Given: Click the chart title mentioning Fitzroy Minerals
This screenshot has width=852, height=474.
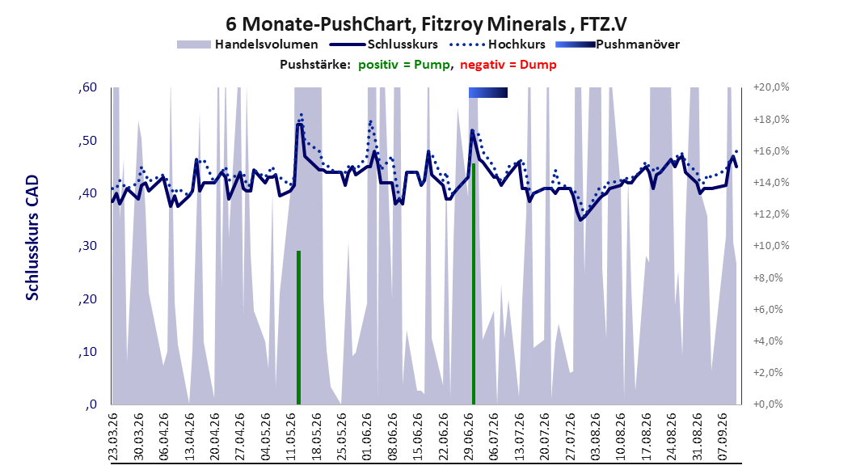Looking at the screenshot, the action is [x=426, y=24].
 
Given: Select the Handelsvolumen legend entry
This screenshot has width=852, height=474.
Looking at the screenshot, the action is [x=247, y=44].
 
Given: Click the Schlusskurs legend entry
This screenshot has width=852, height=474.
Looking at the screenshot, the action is [x=384, y=44].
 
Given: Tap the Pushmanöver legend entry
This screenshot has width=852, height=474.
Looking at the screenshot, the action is [x=618, y=44].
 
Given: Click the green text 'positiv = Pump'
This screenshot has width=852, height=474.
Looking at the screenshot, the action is [x=403, y=65].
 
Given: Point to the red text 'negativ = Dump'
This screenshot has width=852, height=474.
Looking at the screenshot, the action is [x=508, y=65].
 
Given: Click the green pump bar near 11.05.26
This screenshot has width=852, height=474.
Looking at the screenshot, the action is [x=298, y=328].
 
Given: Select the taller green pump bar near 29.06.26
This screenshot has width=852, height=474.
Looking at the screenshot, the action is [x=474, y=284].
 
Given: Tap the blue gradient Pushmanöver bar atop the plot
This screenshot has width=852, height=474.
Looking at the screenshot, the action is [x=488, y=93].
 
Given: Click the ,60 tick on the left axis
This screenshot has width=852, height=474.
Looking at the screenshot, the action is [x=87, y=87].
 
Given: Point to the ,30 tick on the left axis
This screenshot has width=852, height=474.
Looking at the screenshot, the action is [x=87, y=246].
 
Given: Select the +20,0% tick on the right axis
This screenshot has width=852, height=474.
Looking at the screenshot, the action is [x=771, y=87].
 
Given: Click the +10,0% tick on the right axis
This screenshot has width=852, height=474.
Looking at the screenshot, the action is [x=771, y=246].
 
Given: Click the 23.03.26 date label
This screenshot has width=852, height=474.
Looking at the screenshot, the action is [x=113, y=437].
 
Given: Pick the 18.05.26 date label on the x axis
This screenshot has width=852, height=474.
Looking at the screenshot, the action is [x=316, y=437].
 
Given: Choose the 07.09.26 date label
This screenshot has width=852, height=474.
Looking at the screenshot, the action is [x=722, y=437].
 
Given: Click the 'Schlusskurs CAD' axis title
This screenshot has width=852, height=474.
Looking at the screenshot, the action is [x=32, y=238].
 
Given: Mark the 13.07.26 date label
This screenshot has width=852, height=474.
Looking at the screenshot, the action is [x=519, y=437].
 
